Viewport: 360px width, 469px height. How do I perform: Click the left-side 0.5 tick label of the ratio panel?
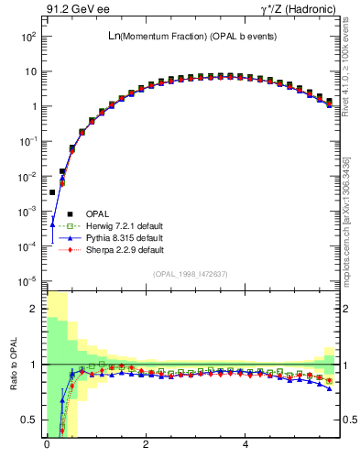pos(28,420)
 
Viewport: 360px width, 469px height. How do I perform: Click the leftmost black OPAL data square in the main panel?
pos(53,192)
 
